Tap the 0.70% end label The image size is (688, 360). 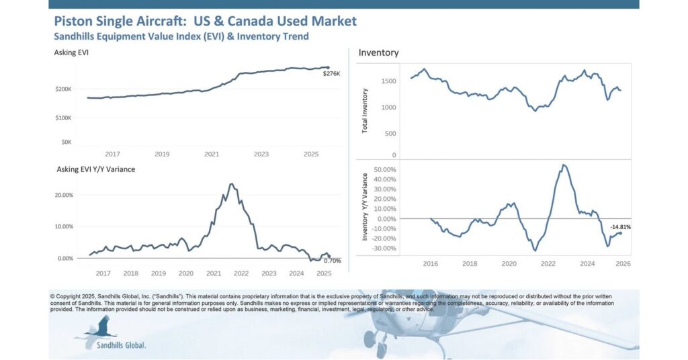click(x=332, y=261)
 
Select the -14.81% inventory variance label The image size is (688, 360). click(x=621, y=228)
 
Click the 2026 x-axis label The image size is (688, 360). click(x=621, y=265)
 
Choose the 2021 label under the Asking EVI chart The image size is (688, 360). click(x=212, y=154)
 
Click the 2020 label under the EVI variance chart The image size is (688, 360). click(x=185, y=274)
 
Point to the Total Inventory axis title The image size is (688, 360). click(x=365, y=110)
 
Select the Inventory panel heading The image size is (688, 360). click(x=378, y=52)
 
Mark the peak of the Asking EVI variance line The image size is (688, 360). click(x=231, y=184)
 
